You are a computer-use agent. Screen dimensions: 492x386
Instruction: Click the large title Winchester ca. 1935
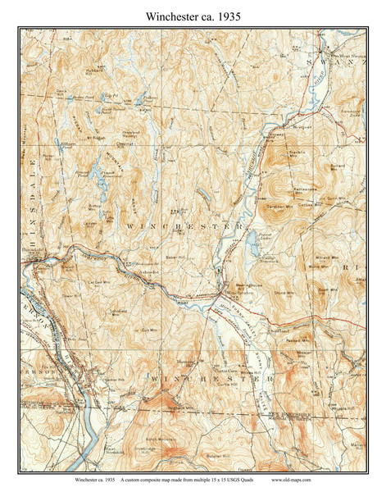[193, 14]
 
